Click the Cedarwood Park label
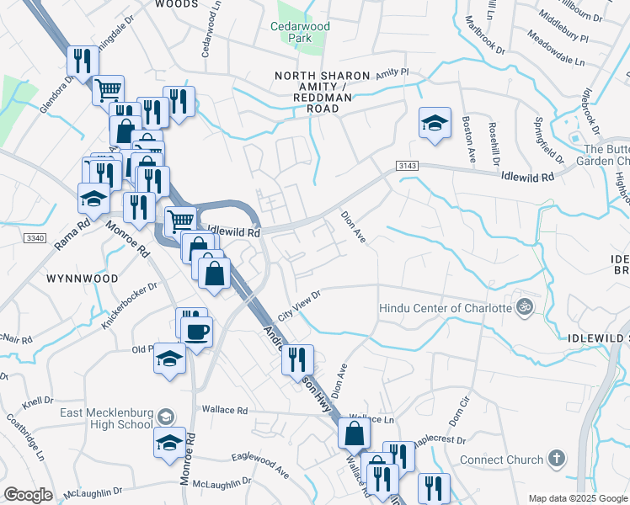[300, 32]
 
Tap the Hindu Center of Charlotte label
[446, 307]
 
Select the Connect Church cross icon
[555, 460]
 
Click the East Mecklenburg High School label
[106, 418]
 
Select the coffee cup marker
[197, 332]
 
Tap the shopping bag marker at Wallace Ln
[355, 434]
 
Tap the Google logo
[28, 495]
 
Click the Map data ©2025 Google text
[577, 498]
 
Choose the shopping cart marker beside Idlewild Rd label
[180, 221]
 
